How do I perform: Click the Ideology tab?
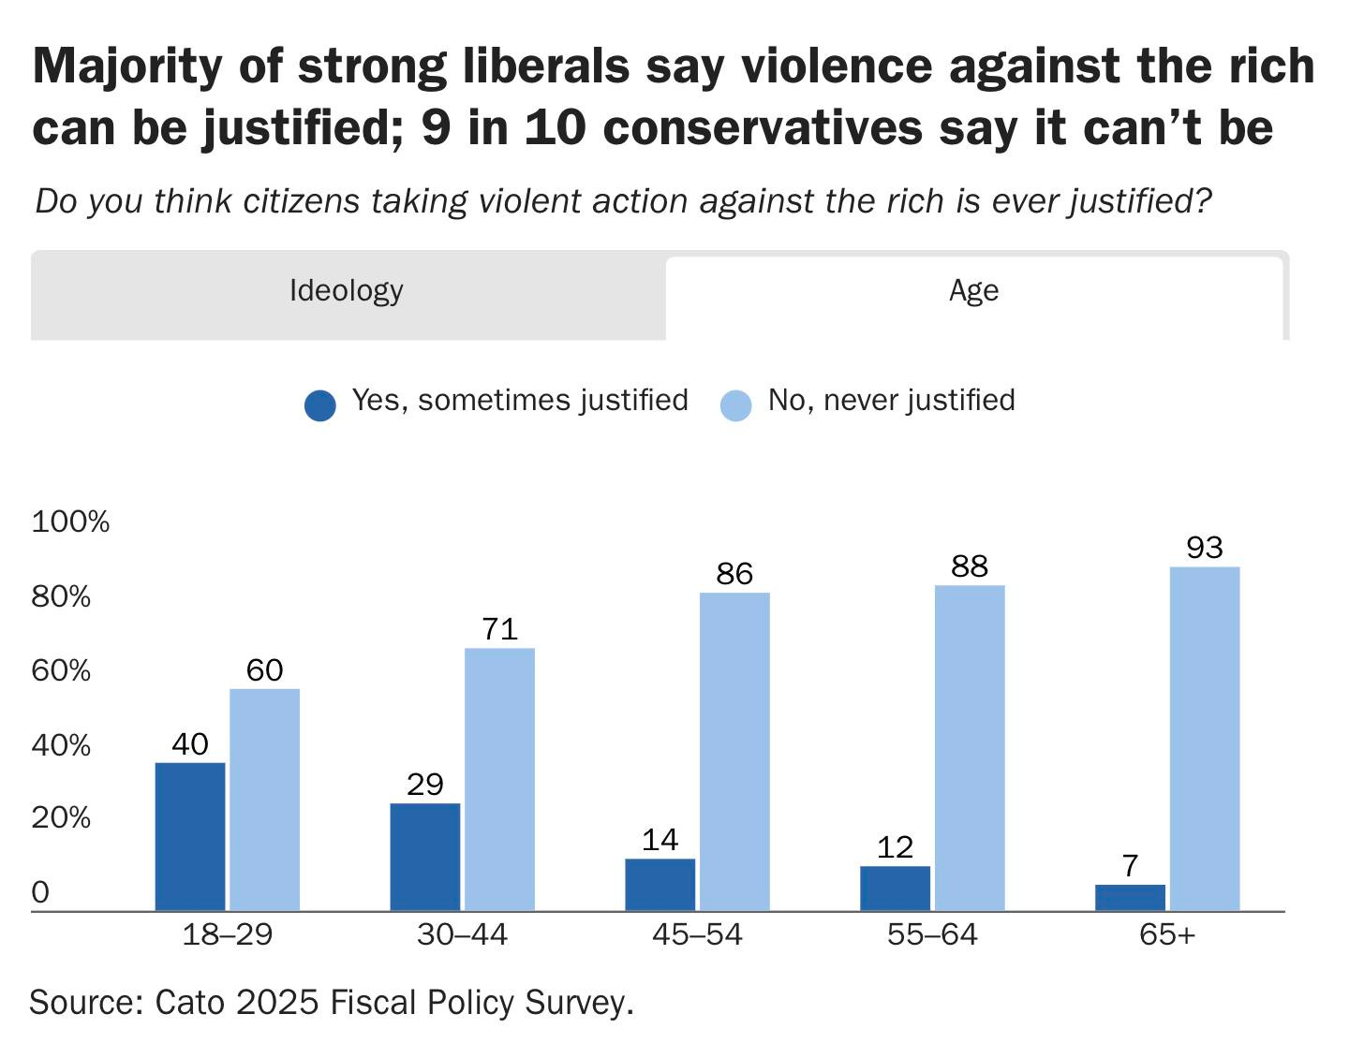tap(347, 291)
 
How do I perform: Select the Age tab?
tap(973, 291)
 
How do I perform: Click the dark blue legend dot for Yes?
tap(320, 404)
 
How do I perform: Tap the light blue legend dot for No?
tap(736, 404)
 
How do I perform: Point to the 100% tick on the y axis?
tap(71, 522)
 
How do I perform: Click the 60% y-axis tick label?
tap(62, 671)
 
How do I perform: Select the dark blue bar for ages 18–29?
tap(190, 836)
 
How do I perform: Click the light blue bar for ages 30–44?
tap(500, 779)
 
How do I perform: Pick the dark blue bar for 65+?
tap(1130, 897)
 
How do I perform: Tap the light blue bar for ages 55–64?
tap(970, 747)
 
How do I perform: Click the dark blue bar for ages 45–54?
tap(660, 884)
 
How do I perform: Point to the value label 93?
tap(1205, 548)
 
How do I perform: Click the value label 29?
tap(425, 785)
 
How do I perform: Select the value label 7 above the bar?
tap(1131, 865)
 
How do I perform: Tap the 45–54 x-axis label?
tap(697, 934)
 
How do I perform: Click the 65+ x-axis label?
tap(1167, 934)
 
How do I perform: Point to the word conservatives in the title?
tap(763, 128)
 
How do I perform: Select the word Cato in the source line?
tap(190, 1003)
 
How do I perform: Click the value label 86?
tap(734, 574)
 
